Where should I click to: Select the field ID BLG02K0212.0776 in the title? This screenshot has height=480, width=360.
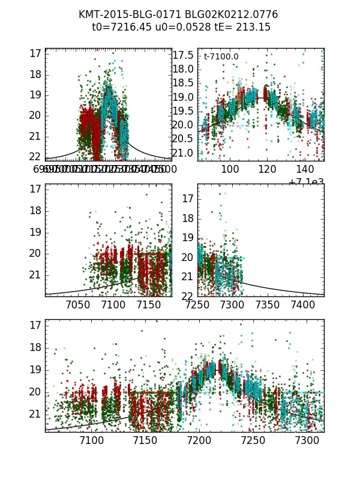click(x=226, y=14)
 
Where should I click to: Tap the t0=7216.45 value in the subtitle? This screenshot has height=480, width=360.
click(x=118, y=27)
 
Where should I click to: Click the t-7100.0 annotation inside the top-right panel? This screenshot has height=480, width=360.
click(x=221, y=57)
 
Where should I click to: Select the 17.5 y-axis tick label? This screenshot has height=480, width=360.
click(x=184, y=55)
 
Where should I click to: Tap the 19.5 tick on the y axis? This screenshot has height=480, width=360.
click(x=184, y=111)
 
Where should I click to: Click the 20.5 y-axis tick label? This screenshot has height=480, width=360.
click(x=184, y=139)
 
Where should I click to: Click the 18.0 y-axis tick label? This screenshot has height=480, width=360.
click(x=184, y=69)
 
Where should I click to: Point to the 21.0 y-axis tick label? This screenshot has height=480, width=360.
click(x=184, y=153)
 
